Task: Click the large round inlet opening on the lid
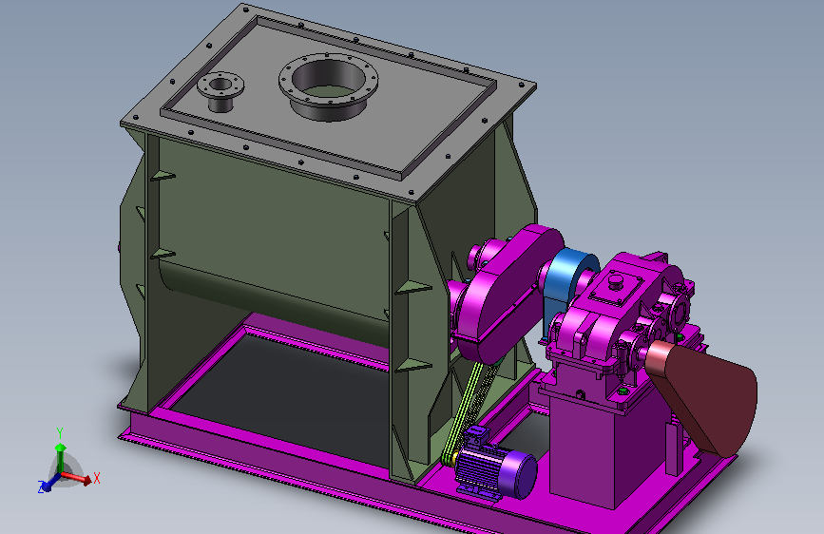point(328,86)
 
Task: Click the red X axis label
point(96,478)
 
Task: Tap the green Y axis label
point(60,433)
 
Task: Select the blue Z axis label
point(41,486)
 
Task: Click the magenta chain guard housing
point(505,295)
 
